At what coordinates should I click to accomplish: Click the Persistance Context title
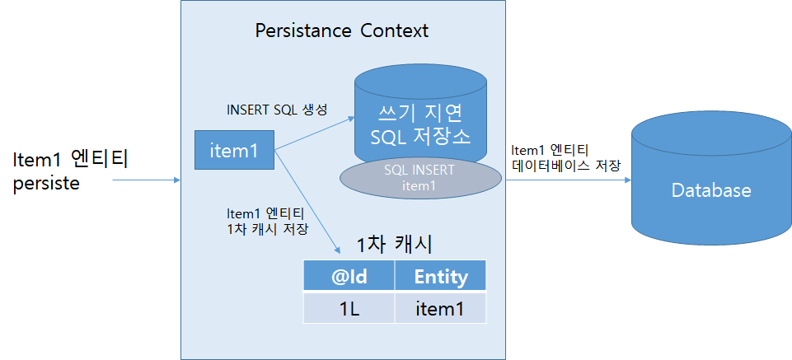point(342,32)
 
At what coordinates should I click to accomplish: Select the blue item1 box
point(235,150)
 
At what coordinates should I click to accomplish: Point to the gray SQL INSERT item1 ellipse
point(419,178)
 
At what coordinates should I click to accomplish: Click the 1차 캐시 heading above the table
point(394,245)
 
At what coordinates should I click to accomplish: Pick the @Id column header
point(349,277)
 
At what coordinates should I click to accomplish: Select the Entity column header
point(440,277)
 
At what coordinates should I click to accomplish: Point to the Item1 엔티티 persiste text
point(70,170)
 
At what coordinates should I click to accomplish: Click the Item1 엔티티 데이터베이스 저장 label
point(565,157)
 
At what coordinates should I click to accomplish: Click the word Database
point(710,191)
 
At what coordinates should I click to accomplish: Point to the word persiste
point(47,183)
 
